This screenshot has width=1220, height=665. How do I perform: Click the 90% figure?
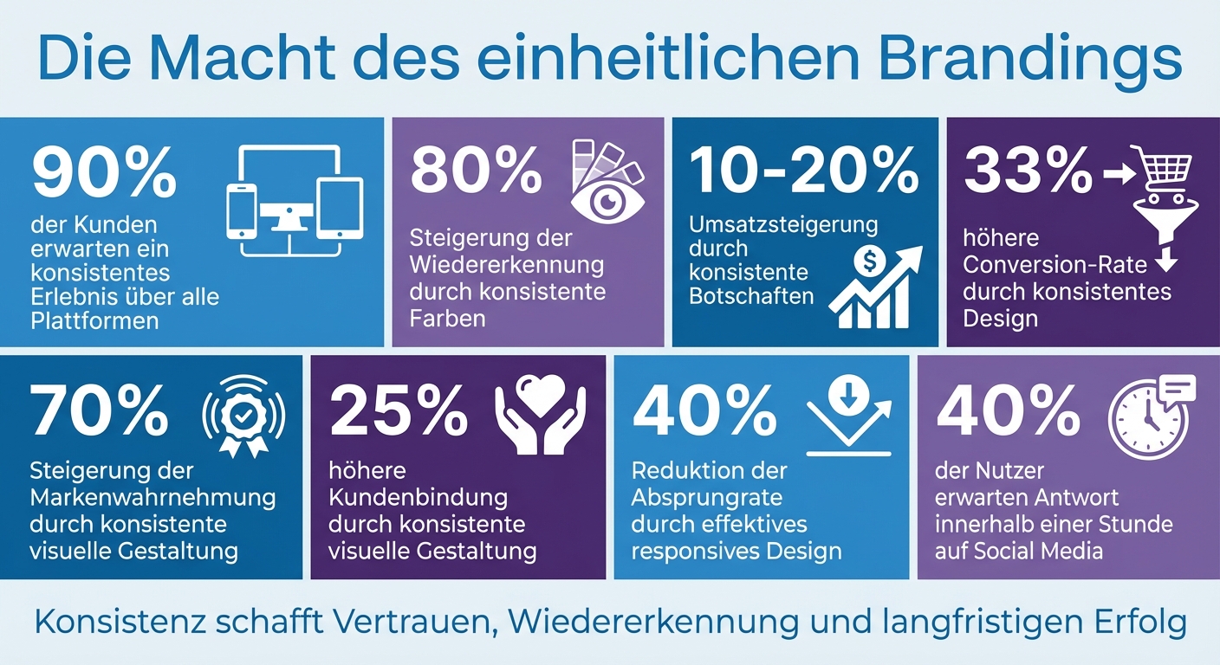[x=104, y=174]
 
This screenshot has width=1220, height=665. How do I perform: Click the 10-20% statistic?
[x=805, y=171]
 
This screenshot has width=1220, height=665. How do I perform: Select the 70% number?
[x=100, y=412]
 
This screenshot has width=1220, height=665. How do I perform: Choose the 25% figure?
[x=399, y=412]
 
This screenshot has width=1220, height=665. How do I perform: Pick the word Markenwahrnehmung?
[x=152, y=498]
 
